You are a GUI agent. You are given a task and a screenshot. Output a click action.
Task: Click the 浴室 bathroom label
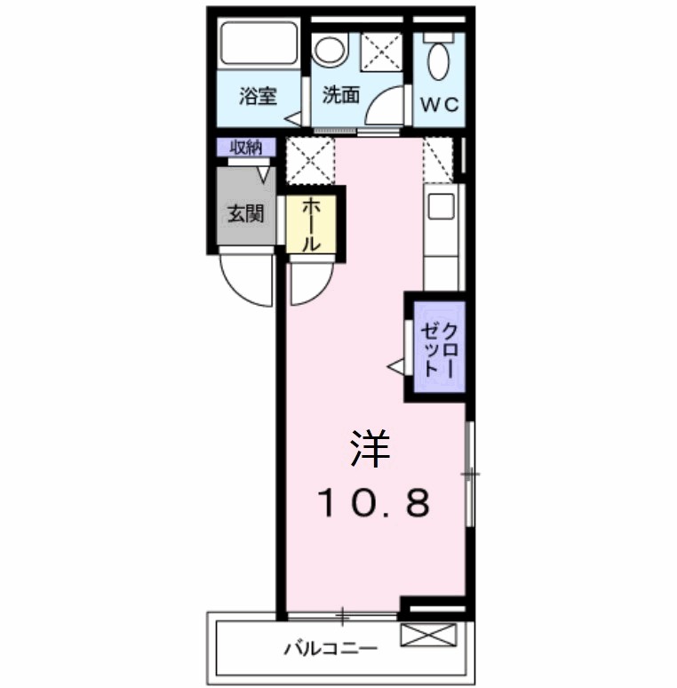click(258, 97)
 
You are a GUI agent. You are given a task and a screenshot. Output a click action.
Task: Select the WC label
click(439, 104)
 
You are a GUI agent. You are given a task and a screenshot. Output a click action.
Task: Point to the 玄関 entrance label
click(245, 213)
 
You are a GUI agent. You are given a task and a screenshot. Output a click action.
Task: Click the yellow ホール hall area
click(312, 225)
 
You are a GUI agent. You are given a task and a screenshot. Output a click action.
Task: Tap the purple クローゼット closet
click(437, 348)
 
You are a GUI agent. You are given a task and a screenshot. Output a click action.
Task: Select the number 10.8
click(374, 504)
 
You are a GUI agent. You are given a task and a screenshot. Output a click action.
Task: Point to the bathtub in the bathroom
click(259, 44)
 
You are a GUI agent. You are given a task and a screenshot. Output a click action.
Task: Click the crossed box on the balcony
click(428, 635)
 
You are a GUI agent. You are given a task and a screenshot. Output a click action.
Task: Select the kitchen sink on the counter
click(441, 206)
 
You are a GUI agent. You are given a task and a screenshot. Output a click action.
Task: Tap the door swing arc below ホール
click(310, 282)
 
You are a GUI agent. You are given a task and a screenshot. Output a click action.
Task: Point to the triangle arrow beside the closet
click(395, 364)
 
